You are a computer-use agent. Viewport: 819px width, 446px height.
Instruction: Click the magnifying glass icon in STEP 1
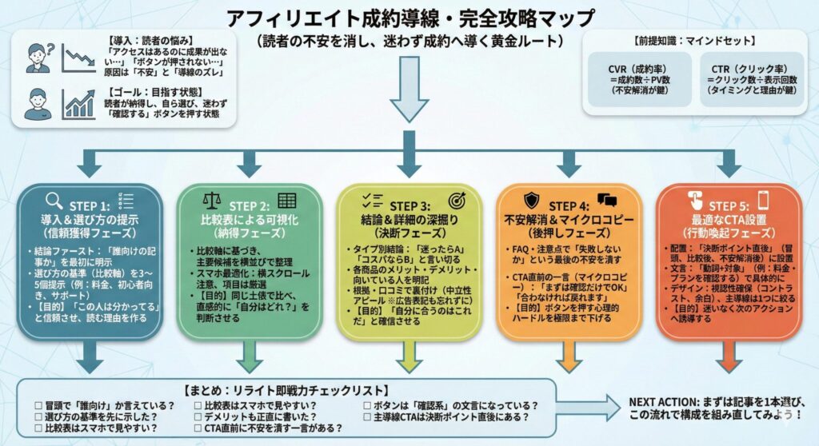54,201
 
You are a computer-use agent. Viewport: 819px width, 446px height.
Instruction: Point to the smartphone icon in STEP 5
764,201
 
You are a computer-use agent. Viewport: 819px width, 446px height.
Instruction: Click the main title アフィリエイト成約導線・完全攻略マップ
410,17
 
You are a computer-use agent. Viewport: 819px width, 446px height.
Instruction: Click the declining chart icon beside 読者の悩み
79,58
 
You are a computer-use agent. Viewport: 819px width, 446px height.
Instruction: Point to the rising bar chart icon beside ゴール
79,105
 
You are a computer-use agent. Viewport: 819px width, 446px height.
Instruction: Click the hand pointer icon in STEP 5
693,201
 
